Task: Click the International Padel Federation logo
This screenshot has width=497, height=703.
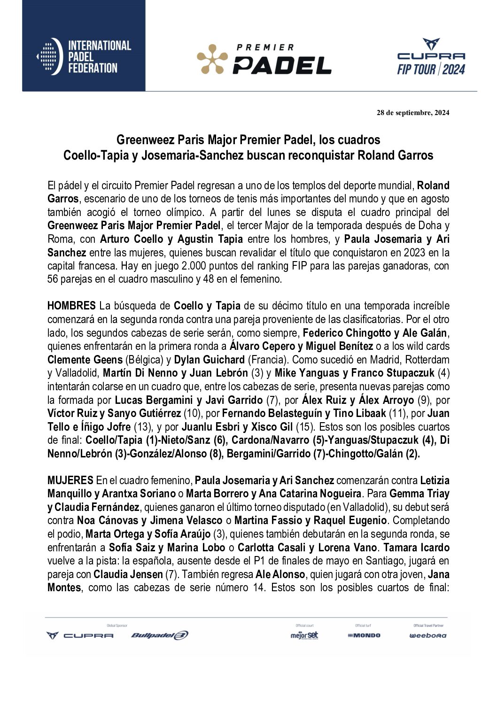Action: tap(84, 57)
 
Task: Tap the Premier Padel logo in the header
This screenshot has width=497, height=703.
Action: tap(264, 60)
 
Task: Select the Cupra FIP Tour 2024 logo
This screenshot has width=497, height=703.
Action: tap(431, 57)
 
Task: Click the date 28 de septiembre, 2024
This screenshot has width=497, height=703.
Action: tap(413, 113)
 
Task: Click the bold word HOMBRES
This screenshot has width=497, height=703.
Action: tap(71, 306)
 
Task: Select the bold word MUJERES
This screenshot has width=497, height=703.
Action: tap(70, 481)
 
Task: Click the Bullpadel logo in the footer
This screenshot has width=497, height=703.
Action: tap(160, 635)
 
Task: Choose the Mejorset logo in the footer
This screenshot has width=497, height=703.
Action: tap(304, 635)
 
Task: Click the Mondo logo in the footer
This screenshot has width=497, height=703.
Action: tap(364, 635)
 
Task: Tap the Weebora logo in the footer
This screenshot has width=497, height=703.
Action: tap(428, 635)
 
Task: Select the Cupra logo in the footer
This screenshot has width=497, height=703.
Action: tap(80, 635)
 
